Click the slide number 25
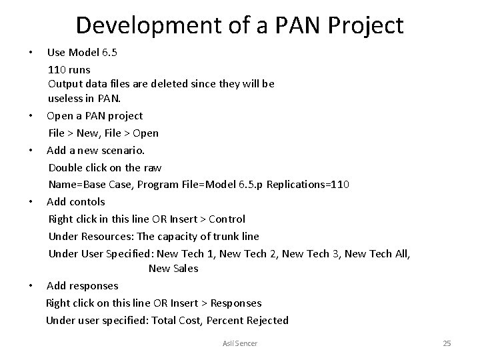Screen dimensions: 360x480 pyautogui.click(x=447, y=343)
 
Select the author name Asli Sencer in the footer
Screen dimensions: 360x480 pyautogui.click(x=239, y=343)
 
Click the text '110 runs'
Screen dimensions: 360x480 pyautogui.click(x=69, y=69)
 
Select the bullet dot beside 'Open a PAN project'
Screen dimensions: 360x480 pyautogui.click(x=32, y=116)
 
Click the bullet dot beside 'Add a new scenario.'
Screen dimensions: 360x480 pyautogui.click(x=32, y=150)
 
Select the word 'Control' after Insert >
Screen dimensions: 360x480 pyautogui.click(x=227, y=219)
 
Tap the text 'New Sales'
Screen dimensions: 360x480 pyautogui.click(x=173, y=269)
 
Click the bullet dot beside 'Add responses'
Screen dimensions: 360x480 pyautogui.click(x=32, y=286)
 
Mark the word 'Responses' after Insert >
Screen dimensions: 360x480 pyautogui.click(x=236, y=303)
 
